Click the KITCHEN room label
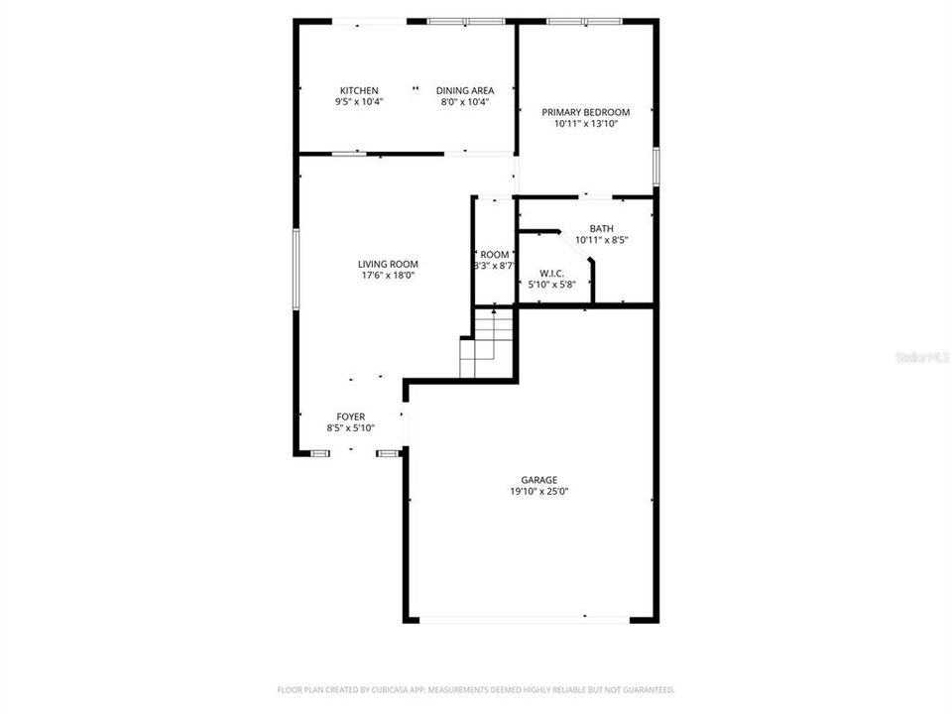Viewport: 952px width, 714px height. tap(358, 90)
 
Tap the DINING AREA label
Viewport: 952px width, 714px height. tap(465, 90)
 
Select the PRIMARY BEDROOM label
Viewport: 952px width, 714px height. tap(585, 112)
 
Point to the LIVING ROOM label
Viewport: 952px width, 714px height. tap(388, 264)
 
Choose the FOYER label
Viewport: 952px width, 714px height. tap(351, 416)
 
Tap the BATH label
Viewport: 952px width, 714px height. tap(602, 228)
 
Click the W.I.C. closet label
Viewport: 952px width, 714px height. tap(551, 273)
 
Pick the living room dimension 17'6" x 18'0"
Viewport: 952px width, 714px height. tap(388, 276)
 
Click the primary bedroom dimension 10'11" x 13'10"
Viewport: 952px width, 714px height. tap(585, 124)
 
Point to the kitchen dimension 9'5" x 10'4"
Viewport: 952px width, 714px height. tap(358, 101)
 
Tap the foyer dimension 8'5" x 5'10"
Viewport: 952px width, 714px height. tap(351, 428)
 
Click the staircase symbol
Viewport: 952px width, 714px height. tap(488, 343)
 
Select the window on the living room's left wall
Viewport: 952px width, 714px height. tap(295, 267)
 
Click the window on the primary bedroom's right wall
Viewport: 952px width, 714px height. tap(655, 166)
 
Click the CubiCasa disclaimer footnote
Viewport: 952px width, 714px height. tap(476, 689)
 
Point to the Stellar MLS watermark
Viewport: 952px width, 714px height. tap(921, 355)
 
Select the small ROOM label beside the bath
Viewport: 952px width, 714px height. tap(494, 254)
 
